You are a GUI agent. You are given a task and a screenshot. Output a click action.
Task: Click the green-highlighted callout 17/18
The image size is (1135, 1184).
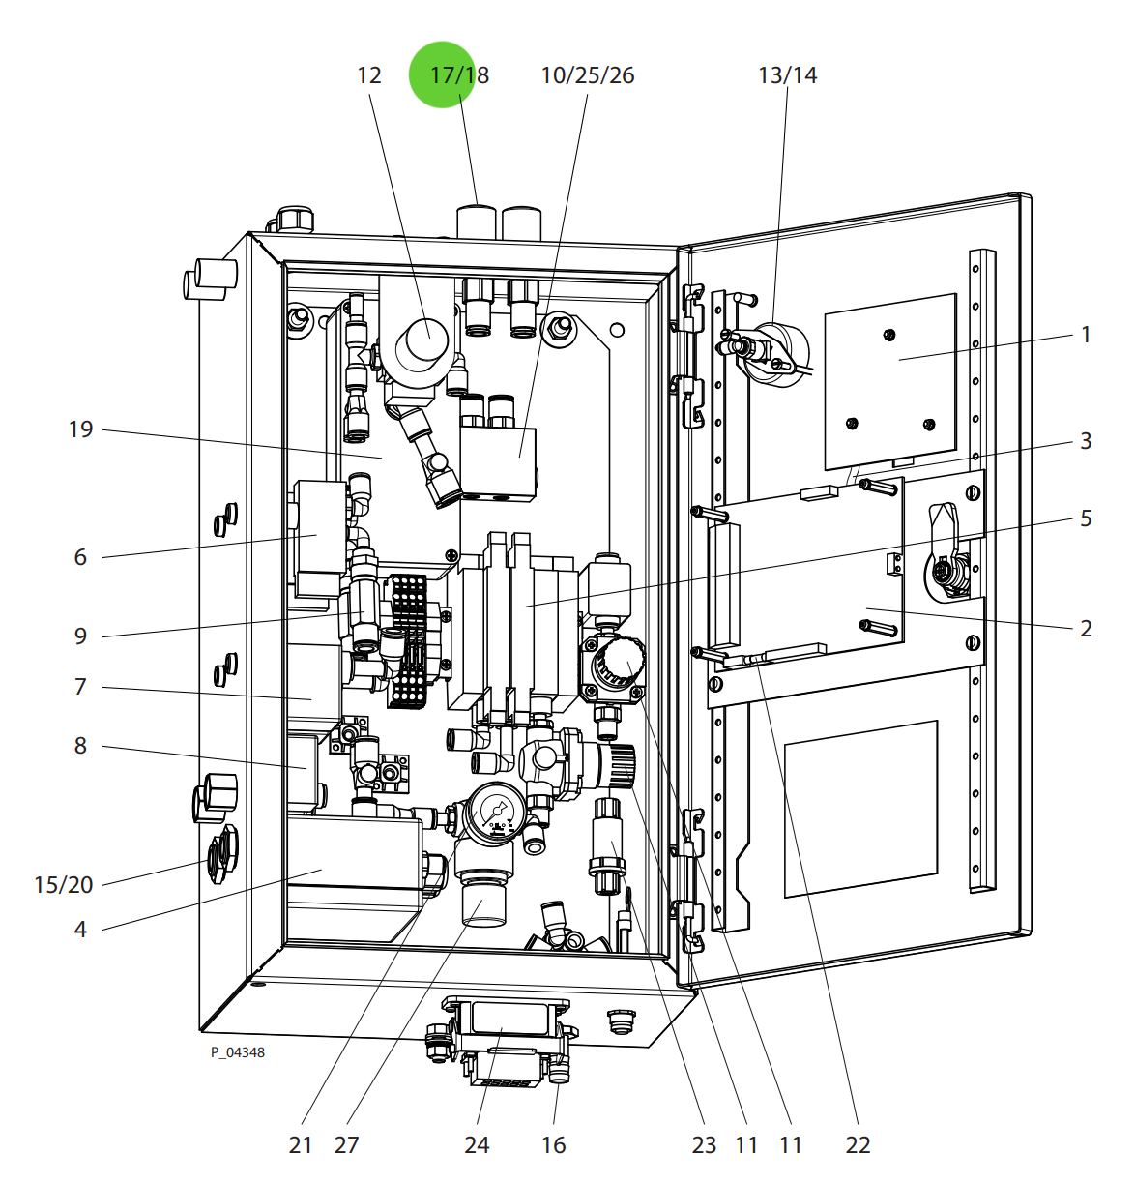[x=459, y=75]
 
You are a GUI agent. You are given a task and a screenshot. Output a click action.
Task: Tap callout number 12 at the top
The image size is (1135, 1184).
[x=369, y=75]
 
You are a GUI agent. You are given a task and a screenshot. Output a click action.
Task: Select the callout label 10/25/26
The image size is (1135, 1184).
[x=587, y=75]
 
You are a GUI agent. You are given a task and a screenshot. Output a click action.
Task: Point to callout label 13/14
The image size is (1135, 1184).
[x=787, y=75]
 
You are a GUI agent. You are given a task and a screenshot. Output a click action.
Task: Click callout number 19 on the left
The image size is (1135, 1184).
[x=81, y=429]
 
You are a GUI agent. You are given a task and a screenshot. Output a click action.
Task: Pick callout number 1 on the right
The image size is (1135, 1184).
[x=1086, y=335]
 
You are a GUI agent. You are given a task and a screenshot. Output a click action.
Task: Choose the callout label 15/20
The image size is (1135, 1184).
[x=64, y=885]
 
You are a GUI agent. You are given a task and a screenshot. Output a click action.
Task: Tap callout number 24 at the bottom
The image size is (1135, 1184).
[x=477, y=1145]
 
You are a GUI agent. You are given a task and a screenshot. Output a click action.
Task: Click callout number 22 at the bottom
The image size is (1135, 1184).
[x=858, y=1145]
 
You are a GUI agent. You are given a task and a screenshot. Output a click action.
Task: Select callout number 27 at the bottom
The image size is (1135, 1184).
[x=346, y=1145]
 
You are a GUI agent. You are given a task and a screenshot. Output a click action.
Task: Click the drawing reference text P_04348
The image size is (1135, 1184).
[x=238, y=1052]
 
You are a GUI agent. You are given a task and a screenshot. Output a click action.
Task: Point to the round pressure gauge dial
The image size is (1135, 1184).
[x=496, y=811]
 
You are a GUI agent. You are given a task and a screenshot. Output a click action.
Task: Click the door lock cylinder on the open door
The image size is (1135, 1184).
[x=945, y=573]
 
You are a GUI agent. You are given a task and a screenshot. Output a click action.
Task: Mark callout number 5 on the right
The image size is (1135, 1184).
[x=1086, y=518]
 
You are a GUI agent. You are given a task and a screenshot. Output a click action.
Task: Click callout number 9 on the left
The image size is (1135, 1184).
[x=80, y=636]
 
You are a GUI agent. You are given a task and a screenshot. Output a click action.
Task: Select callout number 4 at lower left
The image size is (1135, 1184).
[x=80, y=930]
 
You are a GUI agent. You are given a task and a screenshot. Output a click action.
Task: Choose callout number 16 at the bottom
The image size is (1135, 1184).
[x=553, y=1145]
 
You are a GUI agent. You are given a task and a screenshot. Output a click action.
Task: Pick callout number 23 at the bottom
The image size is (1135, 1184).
[x=704, y=1145]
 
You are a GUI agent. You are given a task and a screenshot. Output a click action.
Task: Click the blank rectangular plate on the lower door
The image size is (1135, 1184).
[x=860, y=808]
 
